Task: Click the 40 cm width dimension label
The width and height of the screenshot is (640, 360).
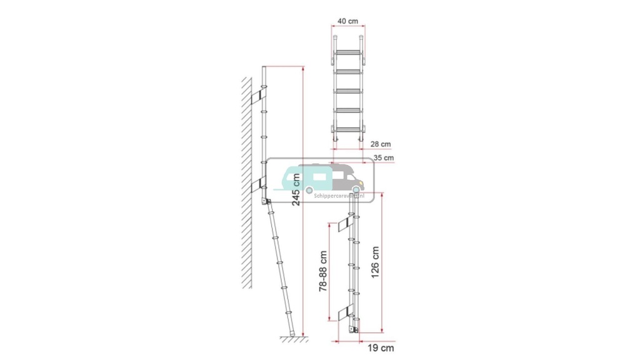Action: tap(347, 21)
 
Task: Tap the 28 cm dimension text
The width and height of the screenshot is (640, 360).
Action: tap(381, 143)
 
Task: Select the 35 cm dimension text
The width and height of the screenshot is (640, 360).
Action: tap(384, 158)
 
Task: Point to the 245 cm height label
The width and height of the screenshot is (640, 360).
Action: tap(296, 189)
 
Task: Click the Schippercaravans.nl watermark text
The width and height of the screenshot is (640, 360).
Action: tap(331, 195)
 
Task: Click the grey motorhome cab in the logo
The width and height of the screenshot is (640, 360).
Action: tap(347, 177)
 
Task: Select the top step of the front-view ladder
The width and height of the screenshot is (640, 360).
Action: tap(347, 54)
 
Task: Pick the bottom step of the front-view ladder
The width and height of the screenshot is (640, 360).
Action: tap(347, 128)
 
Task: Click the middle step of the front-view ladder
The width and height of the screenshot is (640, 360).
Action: tap(347, 91)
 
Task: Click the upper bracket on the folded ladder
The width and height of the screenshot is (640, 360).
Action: tap(344, 224)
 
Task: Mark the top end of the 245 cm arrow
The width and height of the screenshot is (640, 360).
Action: tap(304, 66)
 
